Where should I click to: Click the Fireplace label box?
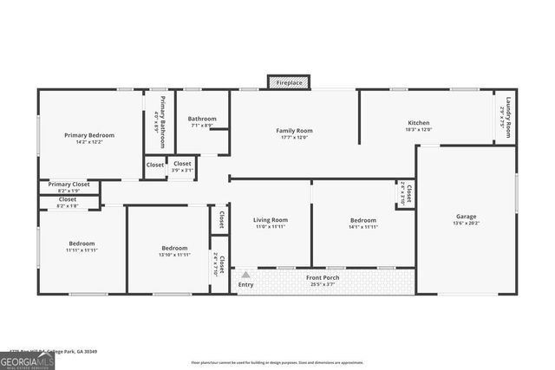(x=290, y=82)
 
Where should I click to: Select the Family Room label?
(x=294, y=131)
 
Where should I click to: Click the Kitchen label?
(x=418, y=123)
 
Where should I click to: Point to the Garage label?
(x=466, y=216)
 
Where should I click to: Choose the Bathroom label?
(x=202, y=119)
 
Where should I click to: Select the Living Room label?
(x=270, y=220)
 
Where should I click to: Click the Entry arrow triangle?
(x=245, y=275)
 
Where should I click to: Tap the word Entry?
(x=246, y=284)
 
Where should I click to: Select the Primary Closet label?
(x=69, y=185)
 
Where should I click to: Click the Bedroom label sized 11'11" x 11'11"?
(x=82, y=243)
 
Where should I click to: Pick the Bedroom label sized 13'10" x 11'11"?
(x=174, y=248)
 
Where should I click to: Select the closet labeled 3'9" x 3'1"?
(x=182, y=166)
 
